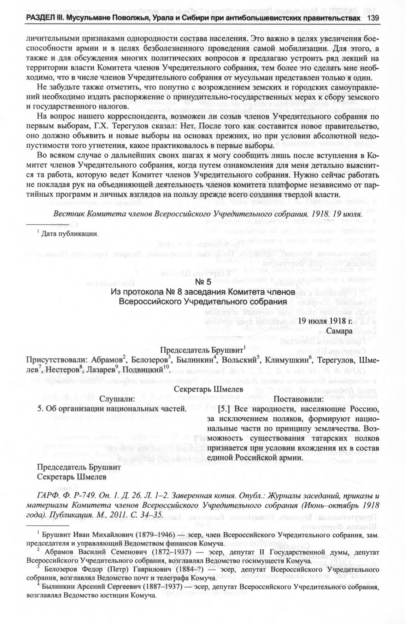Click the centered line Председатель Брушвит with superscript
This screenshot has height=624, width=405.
coord(202,350)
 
